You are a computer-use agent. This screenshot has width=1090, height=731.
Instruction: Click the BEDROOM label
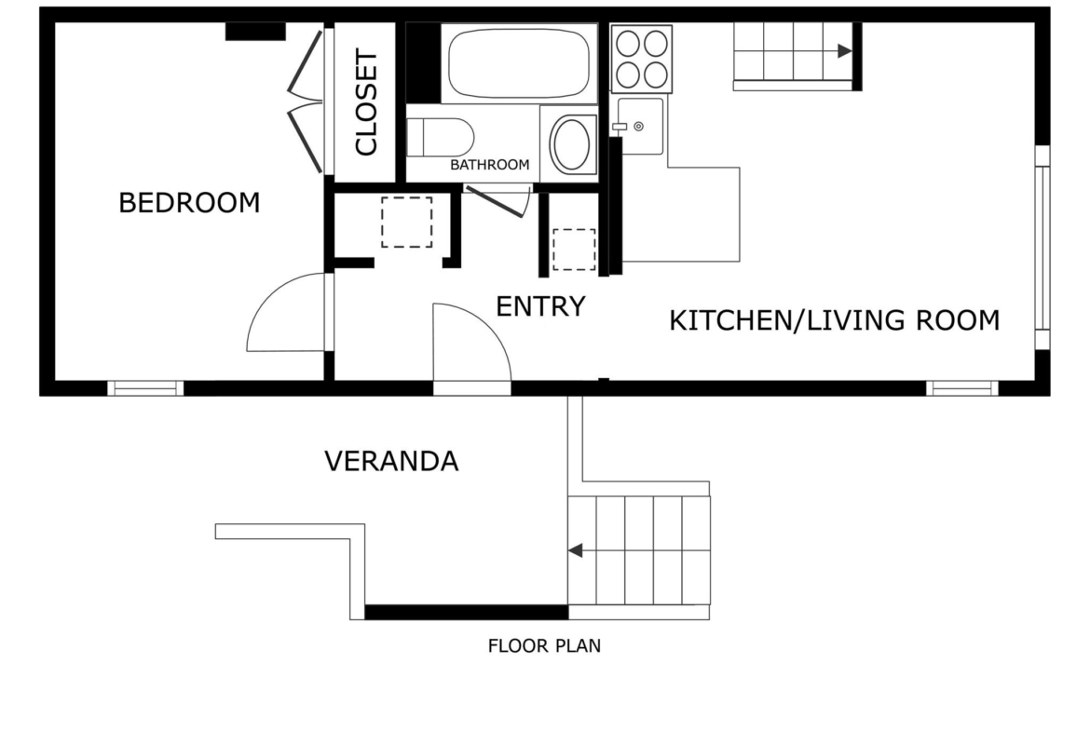pyautogui.click(x=189, y=203)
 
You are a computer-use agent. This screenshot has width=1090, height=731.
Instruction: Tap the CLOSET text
pyautogui.click(x=365, y=102)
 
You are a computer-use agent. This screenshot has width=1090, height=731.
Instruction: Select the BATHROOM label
pyautogui.click(x=489, y=165)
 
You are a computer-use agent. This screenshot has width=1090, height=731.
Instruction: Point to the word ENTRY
pyautogui.click(x=541, y=306)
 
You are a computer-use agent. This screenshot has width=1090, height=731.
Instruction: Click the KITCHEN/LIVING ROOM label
pyautogui.click(x=834, y=320)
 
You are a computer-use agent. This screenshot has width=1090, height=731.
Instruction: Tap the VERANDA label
pyautogui.click(x=391, y=461)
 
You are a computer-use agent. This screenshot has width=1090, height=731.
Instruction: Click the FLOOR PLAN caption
pyautogui.click(x=544, y=646)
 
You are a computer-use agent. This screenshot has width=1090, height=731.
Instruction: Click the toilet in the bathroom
pyautogui.click(x=440, y=137)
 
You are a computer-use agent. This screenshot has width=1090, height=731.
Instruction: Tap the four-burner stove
pyautogui.click(x=642, y=59)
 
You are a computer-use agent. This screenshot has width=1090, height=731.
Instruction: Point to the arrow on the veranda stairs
pyautogui.click(x=575, y=550)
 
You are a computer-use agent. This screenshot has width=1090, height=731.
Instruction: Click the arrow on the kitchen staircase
pyautogui.click(x=845, y=50)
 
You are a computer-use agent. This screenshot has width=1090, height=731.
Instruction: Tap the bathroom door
pyautogui.click(x=497, y=202)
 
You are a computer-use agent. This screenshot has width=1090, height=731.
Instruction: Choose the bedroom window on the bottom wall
pyautogui.click(x=145, y=388)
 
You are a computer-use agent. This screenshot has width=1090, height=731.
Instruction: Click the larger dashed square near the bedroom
pyautogui.click(x=407, y=223)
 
